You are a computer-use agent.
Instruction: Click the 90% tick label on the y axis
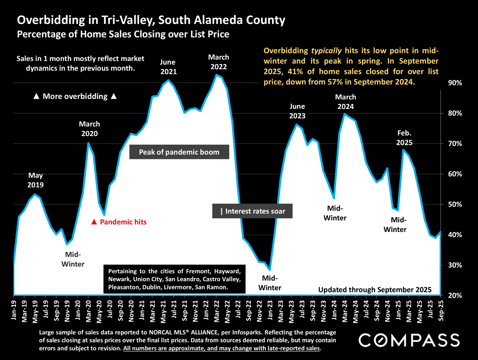point(455,83)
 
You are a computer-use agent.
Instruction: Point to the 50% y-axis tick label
point(455,204)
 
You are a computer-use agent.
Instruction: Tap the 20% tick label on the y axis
point(455,295)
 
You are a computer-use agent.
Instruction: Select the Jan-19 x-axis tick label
point(14,310)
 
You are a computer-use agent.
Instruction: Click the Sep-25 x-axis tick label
point(441,310)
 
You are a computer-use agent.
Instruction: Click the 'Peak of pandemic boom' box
point(179,152)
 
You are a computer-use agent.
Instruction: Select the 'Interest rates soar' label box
point(252,211)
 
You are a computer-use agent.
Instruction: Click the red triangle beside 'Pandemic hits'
point(94,222)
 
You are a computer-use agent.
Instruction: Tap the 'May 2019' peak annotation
point(35,180)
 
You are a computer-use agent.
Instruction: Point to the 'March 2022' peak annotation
point(219,62)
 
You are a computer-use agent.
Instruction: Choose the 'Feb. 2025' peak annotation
point(404,138)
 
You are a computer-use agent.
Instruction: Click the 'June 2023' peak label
point(297,111)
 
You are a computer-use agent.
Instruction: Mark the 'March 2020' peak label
point(89,129)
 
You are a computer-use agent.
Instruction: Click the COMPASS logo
point(409,340)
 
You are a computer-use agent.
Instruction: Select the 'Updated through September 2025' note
point(375,290)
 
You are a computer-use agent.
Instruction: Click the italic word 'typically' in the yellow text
point(326,51)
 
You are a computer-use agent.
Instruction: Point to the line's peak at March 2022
point(216,75)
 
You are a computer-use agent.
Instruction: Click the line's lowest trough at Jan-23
point(270,270)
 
